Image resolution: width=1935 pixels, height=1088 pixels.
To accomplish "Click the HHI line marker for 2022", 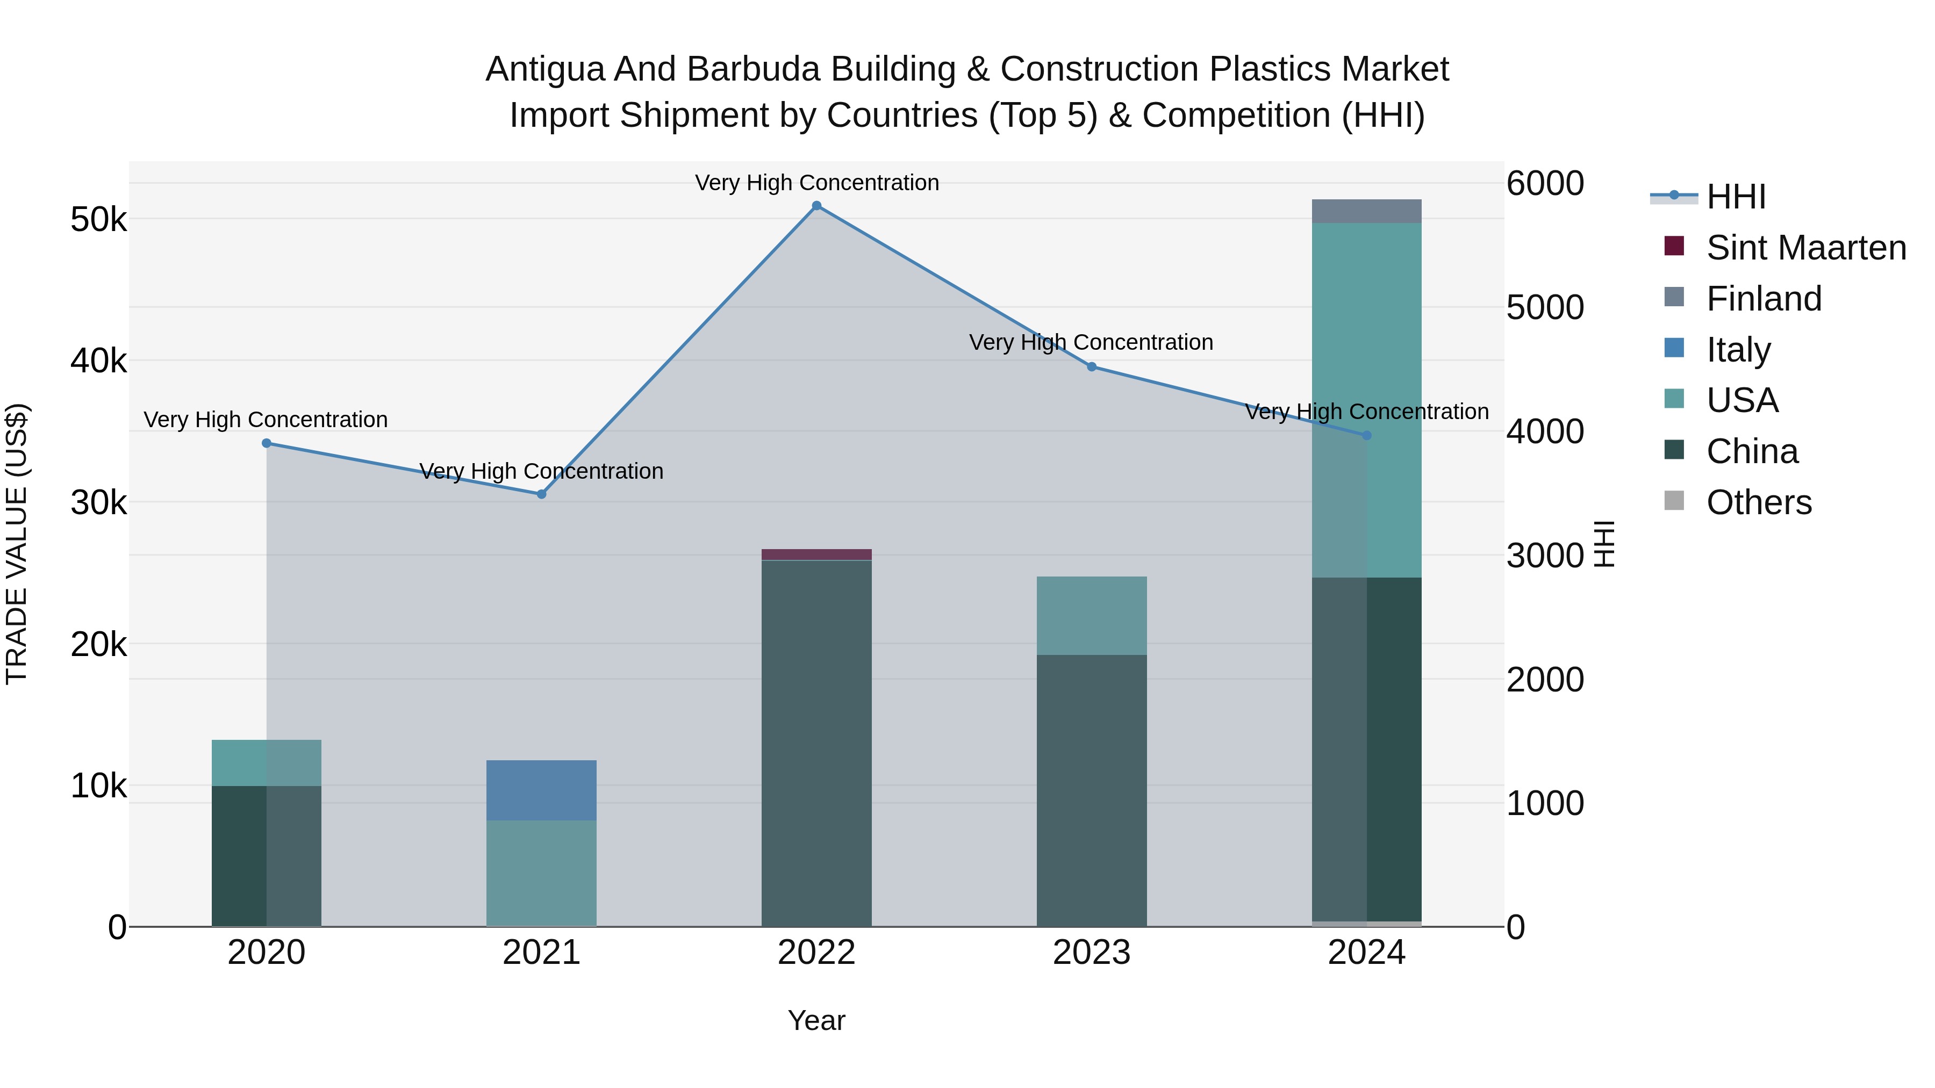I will click(816, 206).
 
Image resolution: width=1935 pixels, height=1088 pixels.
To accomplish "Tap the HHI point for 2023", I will click(1092, 367).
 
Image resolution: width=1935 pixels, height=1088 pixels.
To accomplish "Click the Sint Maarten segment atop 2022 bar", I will click(816, 554).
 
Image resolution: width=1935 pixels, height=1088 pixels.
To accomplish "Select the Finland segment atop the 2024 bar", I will click(1366, 211).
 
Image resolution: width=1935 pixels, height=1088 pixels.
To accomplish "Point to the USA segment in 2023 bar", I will click(1092, 616).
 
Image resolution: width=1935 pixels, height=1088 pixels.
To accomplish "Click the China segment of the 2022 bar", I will click(816, 744).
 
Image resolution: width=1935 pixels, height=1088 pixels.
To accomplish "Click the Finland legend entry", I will click(1763, 299).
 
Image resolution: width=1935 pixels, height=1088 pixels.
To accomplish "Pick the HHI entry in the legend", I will click(1735, 197).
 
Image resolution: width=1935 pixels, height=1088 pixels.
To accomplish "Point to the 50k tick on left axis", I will click(98, 220).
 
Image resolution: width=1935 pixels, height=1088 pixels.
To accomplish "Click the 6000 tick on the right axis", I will click(1545, 183).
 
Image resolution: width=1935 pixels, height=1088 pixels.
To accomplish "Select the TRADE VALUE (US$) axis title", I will click(17, 544).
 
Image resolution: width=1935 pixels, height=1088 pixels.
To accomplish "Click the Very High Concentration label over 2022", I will click(816, 183).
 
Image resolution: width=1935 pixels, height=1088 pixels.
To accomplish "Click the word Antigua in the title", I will click(544, 69).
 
